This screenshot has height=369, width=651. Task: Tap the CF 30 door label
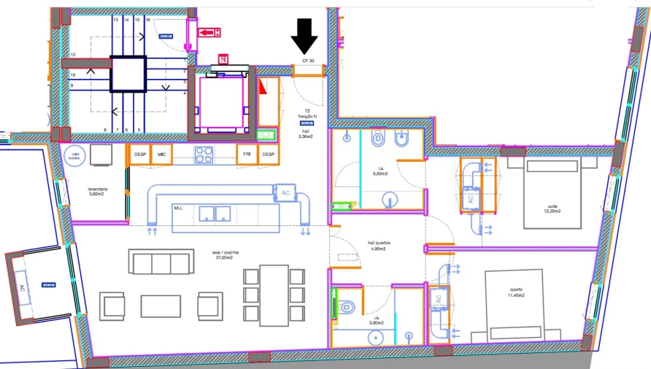(309, 61)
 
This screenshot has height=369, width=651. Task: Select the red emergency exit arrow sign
(210, 32)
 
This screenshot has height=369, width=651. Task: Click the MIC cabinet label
(161, 155)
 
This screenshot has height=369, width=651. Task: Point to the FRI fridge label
(247, 155)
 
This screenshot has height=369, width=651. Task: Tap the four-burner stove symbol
(204, 155)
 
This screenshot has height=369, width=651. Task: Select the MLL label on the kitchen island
(178, 208)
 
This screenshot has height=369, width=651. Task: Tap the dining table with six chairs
(274, 295)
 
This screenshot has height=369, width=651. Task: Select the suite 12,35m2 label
(552, 209)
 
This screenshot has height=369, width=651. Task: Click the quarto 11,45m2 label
(516, 292)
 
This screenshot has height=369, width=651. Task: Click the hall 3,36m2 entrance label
(306, 133)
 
